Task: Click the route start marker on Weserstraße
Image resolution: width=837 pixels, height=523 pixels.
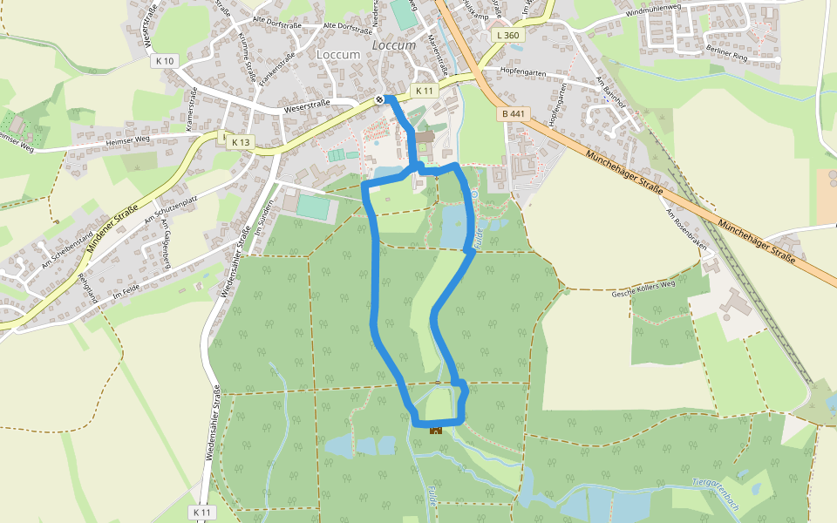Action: pyautogui.click(x=380, y=99)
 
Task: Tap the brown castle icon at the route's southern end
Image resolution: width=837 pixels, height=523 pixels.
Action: pyautogui.click(x=435, y=429)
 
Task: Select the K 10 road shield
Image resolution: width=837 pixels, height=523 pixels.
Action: pyautogui.click(x=164, y=61)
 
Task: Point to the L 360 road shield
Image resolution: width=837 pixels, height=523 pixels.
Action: pyautogui.click(x=506, y=36)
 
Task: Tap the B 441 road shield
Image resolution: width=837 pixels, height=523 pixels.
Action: pyautogui.click(x=514, y=114)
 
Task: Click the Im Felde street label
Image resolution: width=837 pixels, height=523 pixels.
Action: pyautogui.click(x=126, y=293)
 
